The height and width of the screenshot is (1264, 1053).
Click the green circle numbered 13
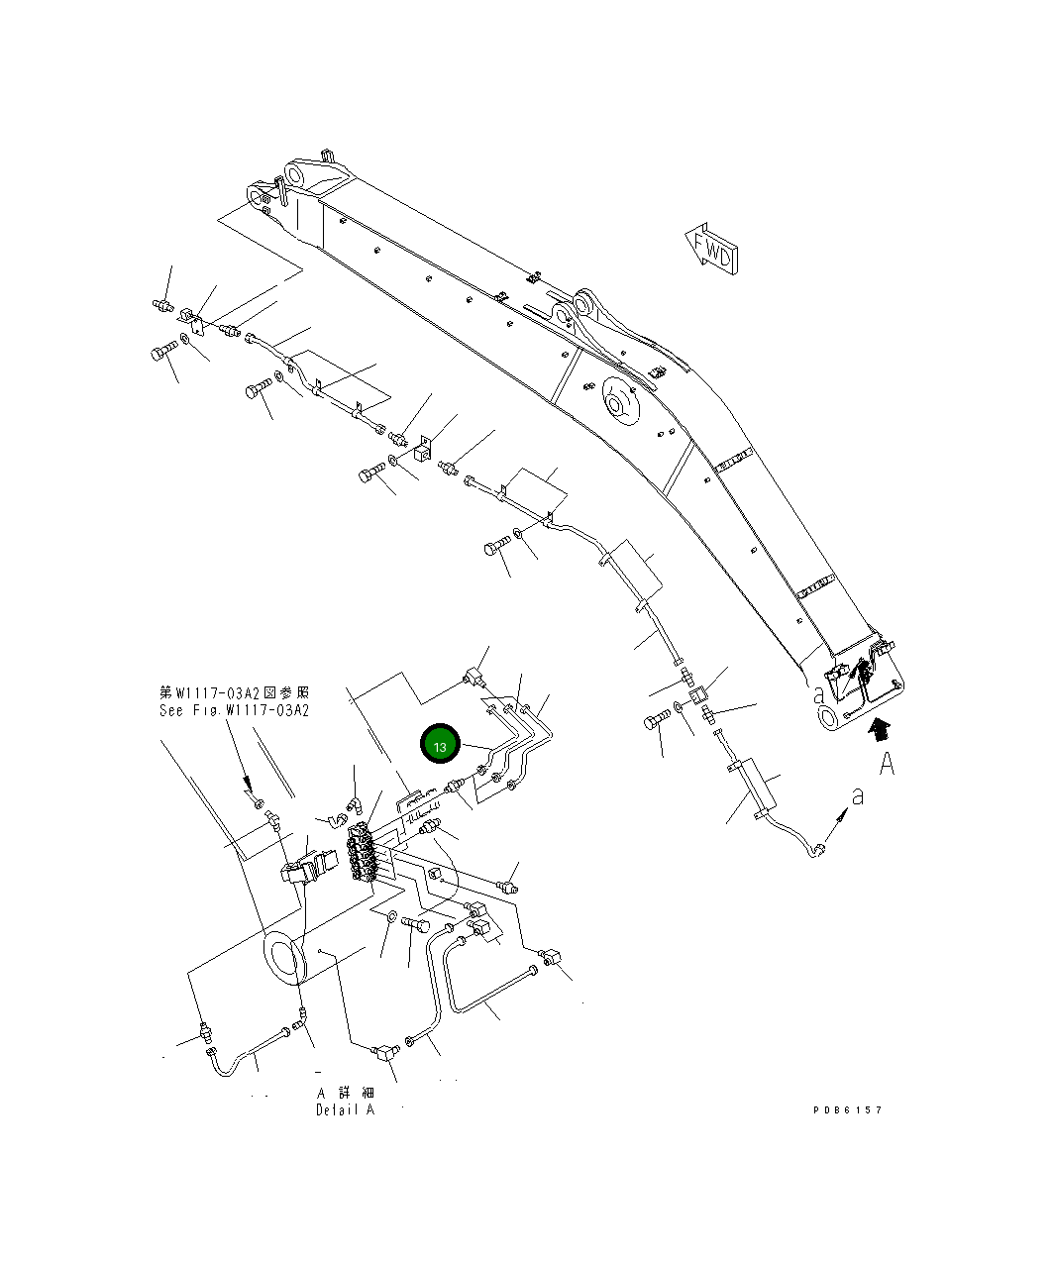pos(440,746)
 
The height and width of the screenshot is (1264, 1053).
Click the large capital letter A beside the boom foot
pos(887,764)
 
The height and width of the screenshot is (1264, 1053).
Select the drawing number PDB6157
pos(847,1109)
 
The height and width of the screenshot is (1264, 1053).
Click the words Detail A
pos(345,1109)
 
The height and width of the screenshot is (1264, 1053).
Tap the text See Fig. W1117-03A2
pos(234,710)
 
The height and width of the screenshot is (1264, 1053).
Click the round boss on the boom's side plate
pos(617,403)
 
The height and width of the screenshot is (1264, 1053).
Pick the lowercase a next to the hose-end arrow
pos(858,795)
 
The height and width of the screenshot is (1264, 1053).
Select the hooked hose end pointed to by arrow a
pos(818,849)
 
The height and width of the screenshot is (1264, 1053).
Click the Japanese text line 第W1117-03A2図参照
pos(234,692)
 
